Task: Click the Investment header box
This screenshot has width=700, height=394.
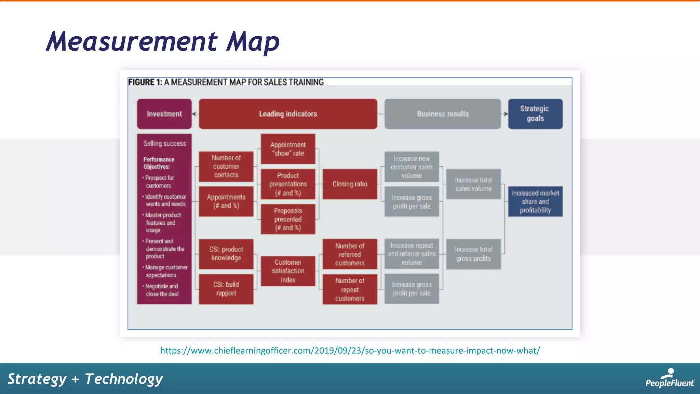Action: [x=164, y=114]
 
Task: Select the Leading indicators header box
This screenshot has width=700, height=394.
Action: [x=288, y=114]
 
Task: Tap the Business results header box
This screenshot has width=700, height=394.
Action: [x=442, y=114]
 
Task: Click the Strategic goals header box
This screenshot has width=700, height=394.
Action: [x=535, y=114]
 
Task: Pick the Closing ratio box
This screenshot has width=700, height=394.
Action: [x=350, y=184]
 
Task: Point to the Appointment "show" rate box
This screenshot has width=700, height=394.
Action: [x=288, y=149]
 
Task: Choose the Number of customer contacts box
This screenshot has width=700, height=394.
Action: [x=226, y=167]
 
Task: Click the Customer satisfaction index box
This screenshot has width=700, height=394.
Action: [x=288, y=271]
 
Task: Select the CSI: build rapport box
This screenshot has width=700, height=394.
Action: [x=226, y=289]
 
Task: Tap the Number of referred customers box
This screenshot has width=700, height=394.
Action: [x=350, y=254]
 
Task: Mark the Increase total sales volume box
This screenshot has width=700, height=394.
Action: [x=473, y=184]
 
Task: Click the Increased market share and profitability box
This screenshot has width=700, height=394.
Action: [x=535, y=202]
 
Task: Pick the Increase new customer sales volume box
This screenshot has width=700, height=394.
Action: [x=412, y=167]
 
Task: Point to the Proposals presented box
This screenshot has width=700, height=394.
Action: [x=288, y=219]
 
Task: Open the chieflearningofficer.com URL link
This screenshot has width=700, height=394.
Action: [x=350, y=351]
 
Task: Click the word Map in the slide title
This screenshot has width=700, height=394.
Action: [x=253, y=42]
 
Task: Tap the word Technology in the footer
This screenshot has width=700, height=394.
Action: [x=124, y=379]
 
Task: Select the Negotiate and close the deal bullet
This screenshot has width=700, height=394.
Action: [x=162, y=290]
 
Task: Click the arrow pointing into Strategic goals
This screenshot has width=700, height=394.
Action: [x=506, y=114]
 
